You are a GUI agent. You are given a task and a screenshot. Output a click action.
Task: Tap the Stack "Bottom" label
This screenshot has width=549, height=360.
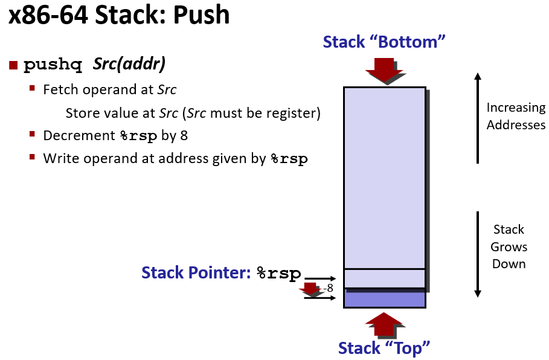(x=384, y=42)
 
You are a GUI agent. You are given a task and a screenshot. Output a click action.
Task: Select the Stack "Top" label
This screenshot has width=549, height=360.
(x=384, y=348)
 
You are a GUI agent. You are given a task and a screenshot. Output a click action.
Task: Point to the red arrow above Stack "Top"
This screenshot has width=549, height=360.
(x=385, y=324)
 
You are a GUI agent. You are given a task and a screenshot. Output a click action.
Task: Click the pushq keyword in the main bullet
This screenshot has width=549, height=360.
(x=53, y=65)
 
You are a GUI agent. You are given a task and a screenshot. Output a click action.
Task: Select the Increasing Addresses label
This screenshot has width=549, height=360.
(x=516, y=117)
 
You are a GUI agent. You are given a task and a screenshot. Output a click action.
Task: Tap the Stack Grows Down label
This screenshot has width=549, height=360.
(x=509, y=246)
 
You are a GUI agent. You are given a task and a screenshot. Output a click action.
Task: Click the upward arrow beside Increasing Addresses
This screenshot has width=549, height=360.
(x=478, y=118)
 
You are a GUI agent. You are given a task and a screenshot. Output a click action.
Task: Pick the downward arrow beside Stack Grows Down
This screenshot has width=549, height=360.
(x=478, y=254)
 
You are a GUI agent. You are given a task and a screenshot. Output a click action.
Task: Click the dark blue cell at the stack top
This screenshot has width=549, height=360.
(x=385, y=299)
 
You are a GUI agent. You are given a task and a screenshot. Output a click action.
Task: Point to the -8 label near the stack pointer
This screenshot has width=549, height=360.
(x=328, y=288)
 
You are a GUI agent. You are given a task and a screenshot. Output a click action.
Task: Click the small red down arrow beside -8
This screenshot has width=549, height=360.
(x=311, y=289)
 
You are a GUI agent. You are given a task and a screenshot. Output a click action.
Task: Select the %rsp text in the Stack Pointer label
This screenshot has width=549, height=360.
(x=278, y=274)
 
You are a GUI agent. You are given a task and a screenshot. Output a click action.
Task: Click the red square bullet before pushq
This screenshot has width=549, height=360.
(x=14, y=65)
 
